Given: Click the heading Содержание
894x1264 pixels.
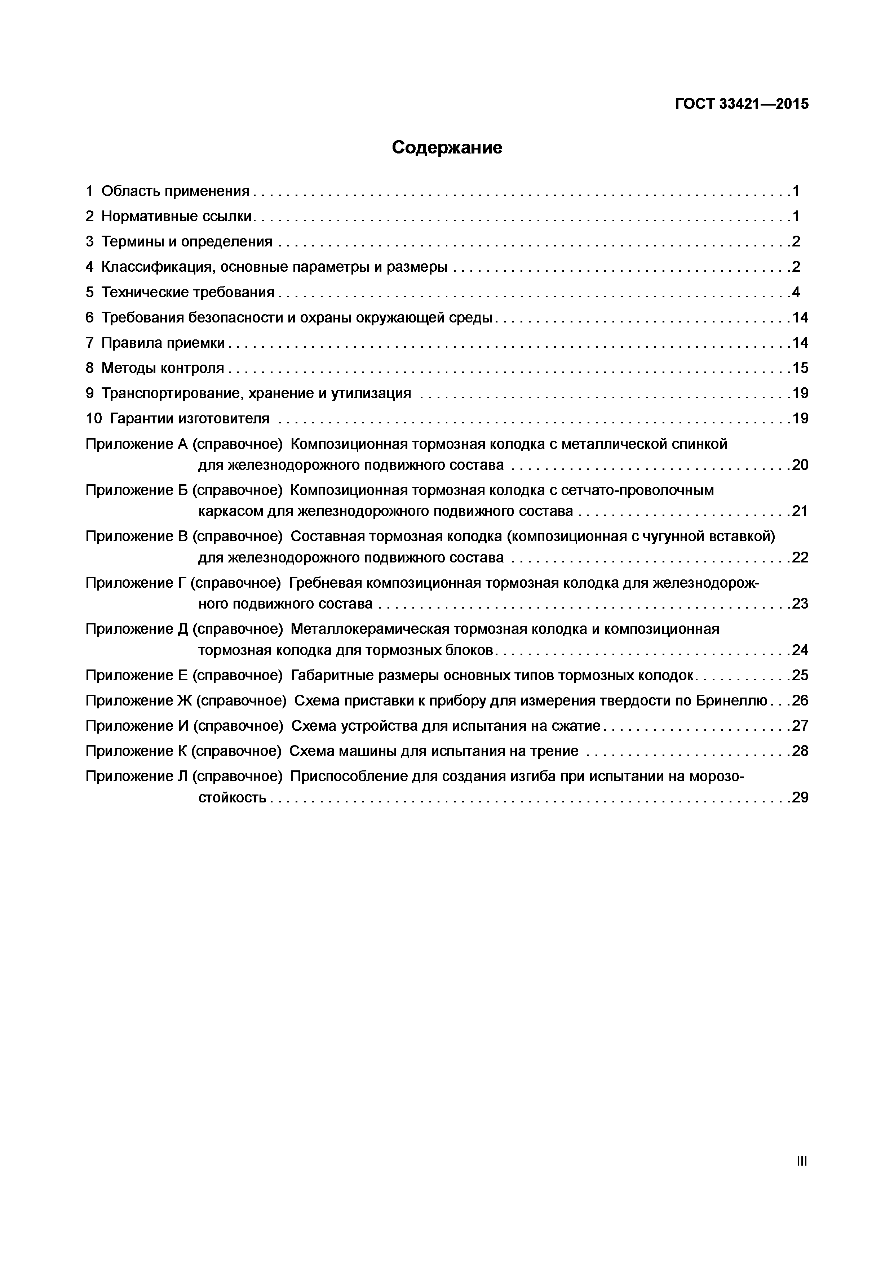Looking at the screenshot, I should pyautogui.click(x=447, y=147).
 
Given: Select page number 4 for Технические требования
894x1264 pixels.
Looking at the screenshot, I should pyautogui.click(x=796, y=292).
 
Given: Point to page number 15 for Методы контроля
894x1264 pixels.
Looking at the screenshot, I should pyautogui.click(x=800, y=368).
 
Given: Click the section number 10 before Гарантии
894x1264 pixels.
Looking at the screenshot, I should pyautogui.click(x=94, y=418).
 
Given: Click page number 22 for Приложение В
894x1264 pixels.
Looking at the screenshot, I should pyautogui.click(x=800, y=558).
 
